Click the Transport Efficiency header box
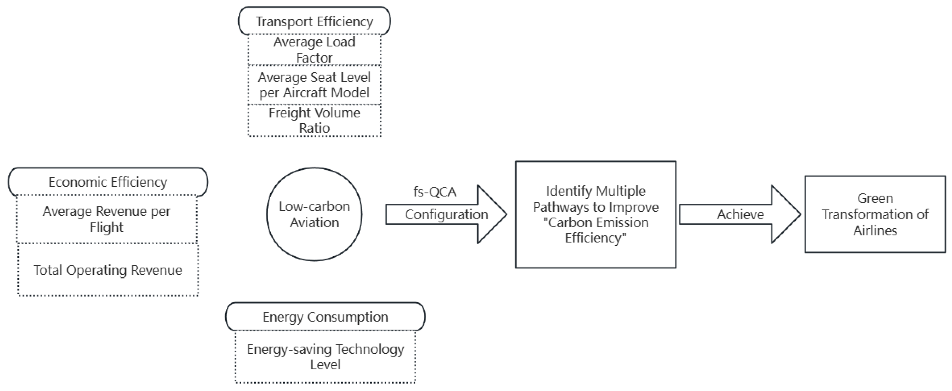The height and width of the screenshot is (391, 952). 314,21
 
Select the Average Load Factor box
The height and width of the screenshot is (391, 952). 314,50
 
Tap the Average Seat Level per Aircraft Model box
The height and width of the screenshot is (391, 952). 314,85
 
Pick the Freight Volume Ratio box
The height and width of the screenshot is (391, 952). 314,120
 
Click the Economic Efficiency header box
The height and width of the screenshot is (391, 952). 108,182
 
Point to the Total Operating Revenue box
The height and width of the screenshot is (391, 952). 108,270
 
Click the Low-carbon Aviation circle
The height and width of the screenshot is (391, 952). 314,214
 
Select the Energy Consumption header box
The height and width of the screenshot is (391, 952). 325,317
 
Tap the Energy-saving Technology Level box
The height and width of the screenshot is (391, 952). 325,356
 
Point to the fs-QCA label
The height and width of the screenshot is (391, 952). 435,192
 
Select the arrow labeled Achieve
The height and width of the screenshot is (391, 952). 740,215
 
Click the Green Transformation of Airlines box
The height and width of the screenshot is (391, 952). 875,214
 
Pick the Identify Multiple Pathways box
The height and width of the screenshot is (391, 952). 595,214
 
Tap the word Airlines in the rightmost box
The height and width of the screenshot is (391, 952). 875,231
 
